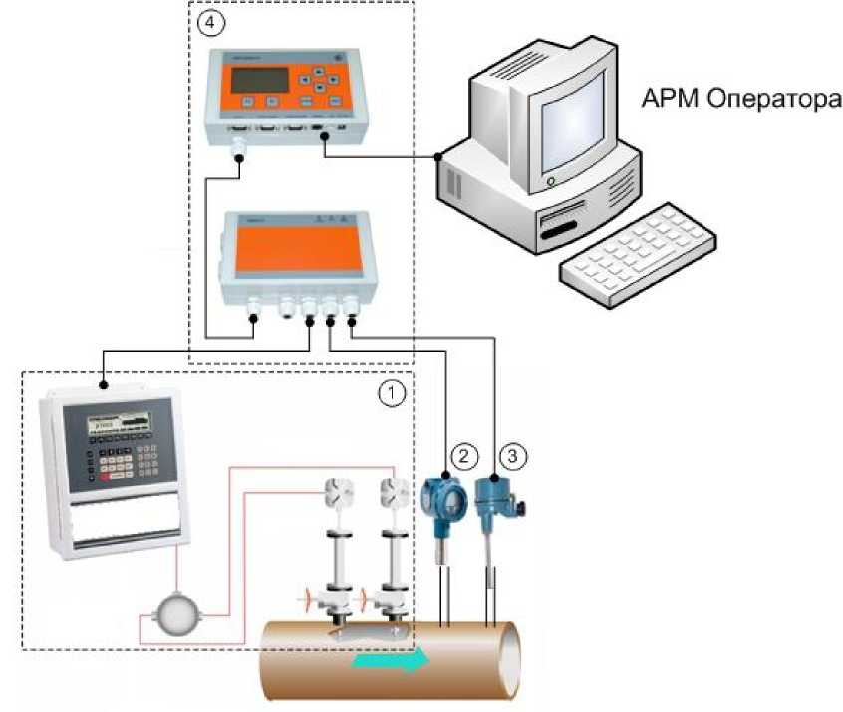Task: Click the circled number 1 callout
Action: pos(394,393)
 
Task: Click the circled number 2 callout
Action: pos(461,456)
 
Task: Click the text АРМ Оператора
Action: pos(740,99)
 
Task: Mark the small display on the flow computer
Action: pos(117,421)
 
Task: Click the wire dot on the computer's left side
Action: pos(438,157)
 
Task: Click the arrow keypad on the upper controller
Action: pos(317,79)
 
